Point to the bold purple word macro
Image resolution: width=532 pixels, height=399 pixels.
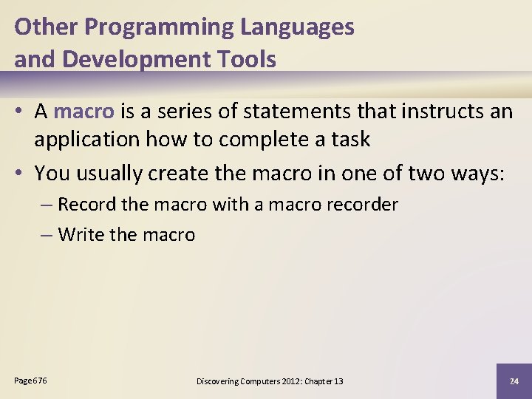[84, 112]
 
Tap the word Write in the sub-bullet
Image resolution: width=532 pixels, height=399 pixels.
[81, 235]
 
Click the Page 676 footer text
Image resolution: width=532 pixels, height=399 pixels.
[30, 380]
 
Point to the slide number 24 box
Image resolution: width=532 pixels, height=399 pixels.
[514, 381]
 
